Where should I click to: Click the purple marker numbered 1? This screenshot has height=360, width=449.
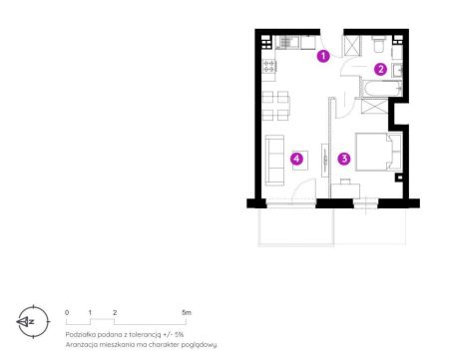pyautogui.click(x=323, y=56)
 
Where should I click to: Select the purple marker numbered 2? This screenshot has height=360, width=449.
pyautogui.click(x=380, y=69)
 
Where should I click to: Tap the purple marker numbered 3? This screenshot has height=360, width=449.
pyautogui.click(x=344, y=159)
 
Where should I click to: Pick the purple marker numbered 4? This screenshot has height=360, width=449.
pyautogui.click(x=296, y=159)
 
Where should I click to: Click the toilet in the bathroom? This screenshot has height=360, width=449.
pyautogui.click(x=379, y=45)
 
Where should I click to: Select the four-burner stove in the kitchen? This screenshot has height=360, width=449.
pyautogui.click(x=269, y=66)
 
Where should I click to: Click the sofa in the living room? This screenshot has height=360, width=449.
pyautogui.click(x=274, y=160)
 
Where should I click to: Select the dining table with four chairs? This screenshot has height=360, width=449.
pyautogui.click(x=275, y=106)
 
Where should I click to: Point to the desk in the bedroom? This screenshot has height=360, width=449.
pyautogui.click(x=346, y=189)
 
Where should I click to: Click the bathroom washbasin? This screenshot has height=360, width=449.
pyautogui.click(x=397, y=70)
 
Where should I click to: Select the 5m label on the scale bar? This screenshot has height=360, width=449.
pyautogui.click(x=187, y=312)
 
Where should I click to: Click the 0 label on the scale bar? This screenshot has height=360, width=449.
pyautogui.click(x=67, y=312)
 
